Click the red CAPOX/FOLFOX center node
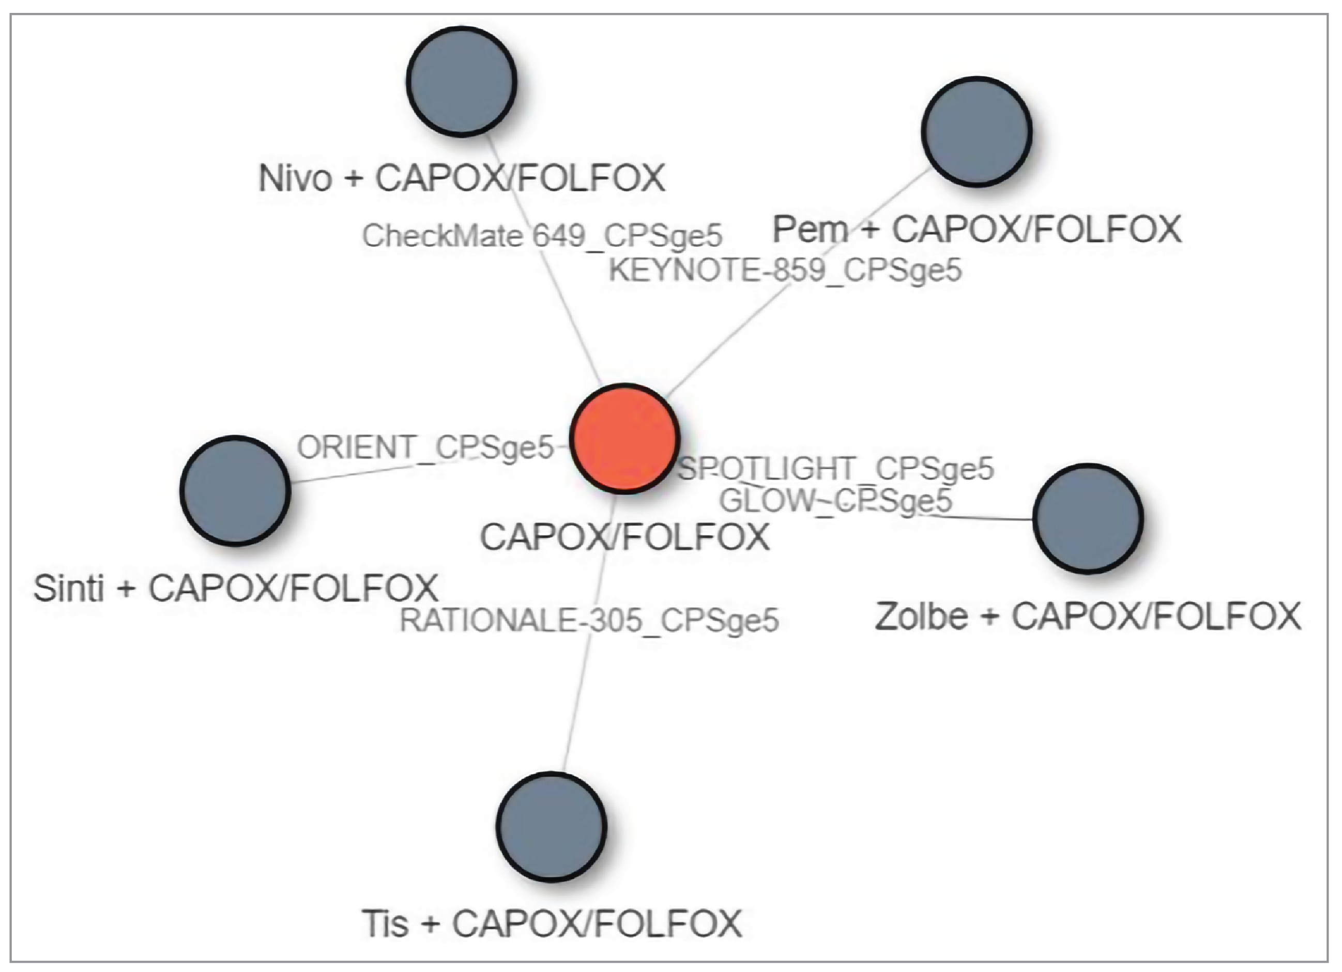pos(624,438)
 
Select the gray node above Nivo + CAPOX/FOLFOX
pos(462,81)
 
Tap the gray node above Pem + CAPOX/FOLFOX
pos(977,131)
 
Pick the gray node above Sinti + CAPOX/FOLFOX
pos(235,490)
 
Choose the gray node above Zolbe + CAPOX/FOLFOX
pos(1088,518)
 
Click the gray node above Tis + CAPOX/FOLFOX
pos(551,826)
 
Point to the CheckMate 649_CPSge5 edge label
pos(542,236)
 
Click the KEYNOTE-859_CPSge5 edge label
pos(785,271)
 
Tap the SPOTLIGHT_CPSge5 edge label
pos(835,469)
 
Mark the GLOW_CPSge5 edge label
pos(835,501)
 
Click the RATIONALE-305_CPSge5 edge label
pos(589,621)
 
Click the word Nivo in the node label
pos(295,177)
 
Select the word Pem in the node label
pos(810,229)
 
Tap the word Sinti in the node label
pos(69,588)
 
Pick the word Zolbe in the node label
pos(921,616)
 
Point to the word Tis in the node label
pos(385,923)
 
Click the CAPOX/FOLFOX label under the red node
pos(624,537)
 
